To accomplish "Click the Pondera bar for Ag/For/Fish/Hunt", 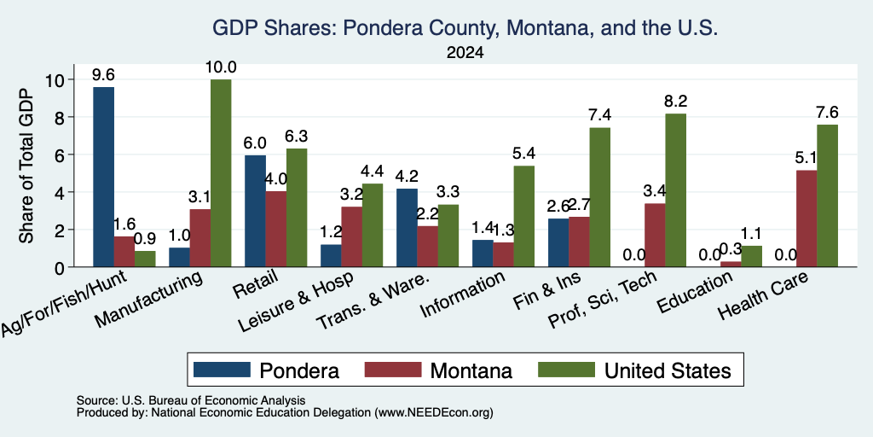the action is (x=103, y=178).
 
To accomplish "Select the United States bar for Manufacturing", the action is (x=221, y=173).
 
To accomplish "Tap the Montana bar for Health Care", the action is (x=807, y=218).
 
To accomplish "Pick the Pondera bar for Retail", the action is (x=256, y=212).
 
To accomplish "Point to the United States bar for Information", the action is (x=524, y=216).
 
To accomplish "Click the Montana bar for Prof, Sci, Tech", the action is (x=655, y=236).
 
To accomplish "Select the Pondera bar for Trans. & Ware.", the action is (x=407, y=228).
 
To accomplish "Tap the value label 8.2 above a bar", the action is (x=675, y=102).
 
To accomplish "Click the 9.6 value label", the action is (x=103, y=75).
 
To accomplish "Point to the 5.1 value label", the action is (x=807, y=158).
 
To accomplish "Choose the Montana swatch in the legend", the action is (x=393, y=370).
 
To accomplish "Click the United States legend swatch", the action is (x=567, y=370).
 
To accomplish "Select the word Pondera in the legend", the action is (x=299, y=370).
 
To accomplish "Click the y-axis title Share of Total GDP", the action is (x=26, y=166).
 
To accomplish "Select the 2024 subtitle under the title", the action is (x=465, y=53).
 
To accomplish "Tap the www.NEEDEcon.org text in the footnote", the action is (x=434, y=413).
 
